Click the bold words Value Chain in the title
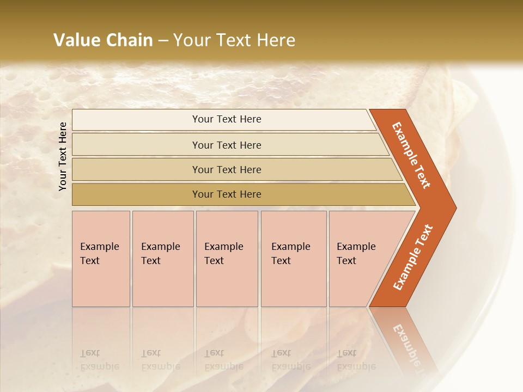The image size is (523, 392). click(x=103, y=40)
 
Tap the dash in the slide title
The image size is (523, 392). click(x=163, y=41)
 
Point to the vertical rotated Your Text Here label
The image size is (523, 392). click(x=63, y=156)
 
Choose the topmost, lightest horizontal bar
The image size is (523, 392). click(x=227, y=119)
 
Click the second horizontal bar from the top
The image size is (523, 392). click(x=227, y=145)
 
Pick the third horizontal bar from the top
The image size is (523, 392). click(x=227, y=169)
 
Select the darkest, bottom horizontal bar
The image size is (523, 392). click(x=227, y=194)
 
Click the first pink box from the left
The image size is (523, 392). click(x=101, y=259)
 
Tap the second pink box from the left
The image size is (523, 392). click(x=162, y=259)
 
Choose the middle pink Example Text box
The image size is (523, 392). click(x=227, y=259)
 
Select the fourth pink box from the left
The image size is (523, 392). click(x=293, y=259)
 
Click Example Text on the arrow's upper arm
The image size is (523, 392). click(x=411, y=155)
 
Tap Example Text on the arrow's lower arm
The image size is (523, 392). click(x=412, y=257)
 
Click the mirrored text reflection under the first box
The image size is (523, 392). click(x=99, y=360)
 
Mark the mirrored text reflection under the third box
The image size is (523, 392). click(x=223, y=360)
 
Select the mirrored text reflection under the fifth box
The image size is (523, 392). click(x=356, y=360)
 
